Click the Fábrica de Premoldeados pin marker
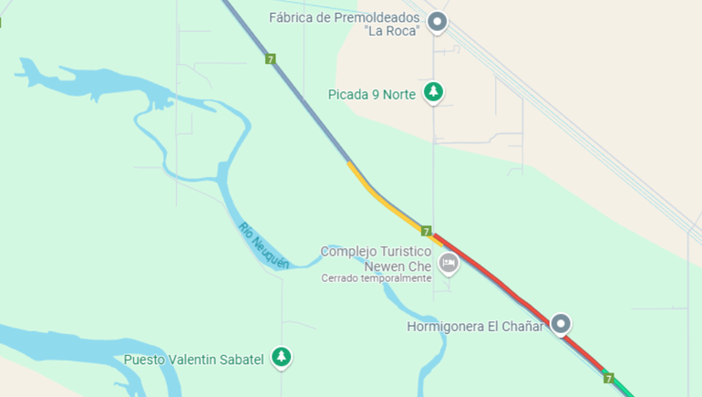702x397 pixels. click(438, 22)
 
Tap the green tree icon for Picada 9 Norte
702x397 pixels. click(435, 92)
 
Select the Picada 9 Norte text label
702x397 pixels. click(372, 94)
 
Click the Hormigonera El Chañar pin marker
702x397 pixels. click(562, 323)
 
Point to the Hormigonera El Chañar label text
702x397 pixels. click(474, 326)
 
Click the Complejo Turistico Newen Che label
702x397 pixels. click(376, 258)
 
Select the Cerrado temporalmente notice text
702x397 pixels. click(376, 278)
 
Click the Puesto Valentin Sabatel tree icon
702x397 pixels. click(282, 358)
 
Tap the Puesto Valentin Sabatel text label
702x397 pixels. click(194, 360)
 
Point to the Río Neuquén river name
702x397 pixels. click(263, 246)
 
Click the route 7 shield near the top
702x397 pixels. click(271, 58)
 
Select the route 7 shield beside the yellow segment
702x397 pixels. click(426, 231)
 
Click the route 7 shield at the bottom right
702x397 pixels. click(608, 378)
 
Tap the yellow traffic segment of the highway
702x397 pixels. click(383, 196)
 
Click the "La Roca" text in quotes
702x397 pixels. click(391, 31)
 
